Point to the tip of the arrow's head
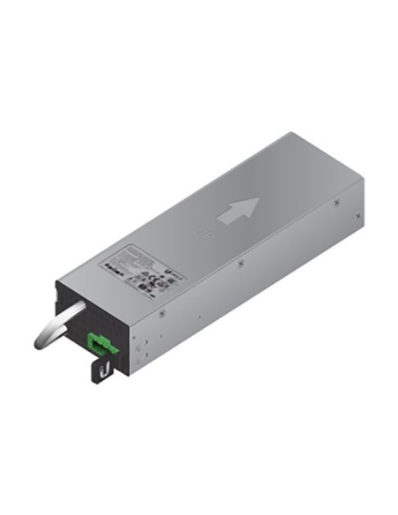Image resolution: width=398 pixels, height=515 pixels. [257, 200]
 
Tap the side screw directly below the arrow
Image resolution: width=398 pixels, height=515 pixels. [239, 262]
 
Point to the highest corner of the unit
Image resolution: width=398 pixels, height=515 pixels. [291, 133]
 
